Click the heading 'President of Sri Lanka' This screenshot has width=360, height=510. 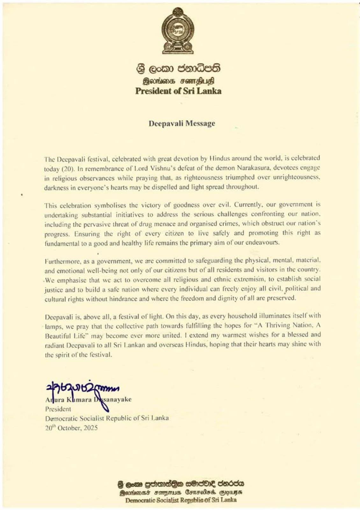(x=178, y=91)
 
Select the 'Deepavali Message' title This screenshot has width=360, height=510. (x=182, y=123)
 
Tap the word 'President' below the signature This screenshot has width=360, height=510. (x=58, y=409)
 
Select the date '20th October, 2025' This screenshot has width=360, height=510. (x=71, y=428)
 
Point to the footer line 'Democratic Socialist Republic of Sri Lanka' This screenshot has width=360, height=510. (x=181, y=500)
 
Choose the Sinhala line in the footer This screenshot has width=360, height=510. (x=181, y=484)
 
